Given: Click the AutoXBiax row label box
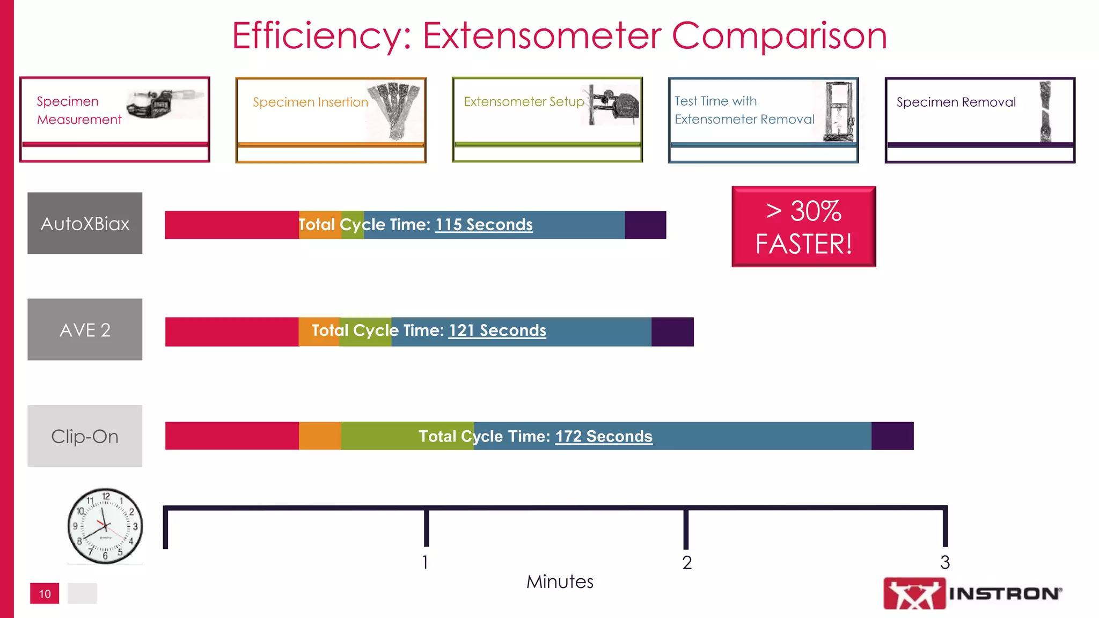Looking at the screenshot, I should [85, 223].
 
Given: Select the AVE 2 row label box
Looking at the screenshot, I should [85, 329].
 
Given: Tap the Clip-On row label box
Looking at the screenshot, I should [85, 436].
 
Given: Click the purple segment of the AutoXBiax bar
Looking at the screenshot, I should [645, 225].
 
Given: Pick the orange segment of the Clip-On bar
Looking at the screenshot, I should [320, 436].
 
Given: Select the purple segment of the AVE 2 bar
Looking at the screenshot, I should [672, 332].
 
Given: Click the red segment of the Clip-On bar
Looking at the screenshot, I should [232, 436].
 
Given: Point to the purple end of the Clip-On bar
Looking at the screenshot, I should [892, 436].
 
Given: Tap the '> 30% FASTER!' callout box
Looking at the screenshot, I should [803, 226].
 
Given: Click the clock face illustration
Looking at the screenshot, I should [105, 526].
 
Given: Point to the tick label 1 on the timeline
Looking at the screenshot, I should [425, 562].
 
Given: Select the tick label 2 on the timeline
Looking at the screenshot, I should [687, 562].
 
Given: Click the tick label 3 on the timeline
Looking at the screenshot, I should [945, 562].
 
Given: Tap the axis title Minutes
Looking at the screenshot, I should [560, 582].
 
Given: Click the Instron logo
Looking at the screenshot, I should [972, 593].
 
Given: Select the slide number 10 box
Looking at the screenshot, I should [45, 593].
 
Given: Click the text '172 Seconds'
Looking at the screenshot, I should [604, 436].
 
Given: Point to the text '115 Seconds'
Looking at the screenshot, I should [483, 224].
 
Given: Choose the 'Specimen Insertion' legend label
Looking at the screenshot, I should [310, 102].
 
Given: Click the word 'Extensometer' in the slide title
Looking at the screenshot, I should [542, 36].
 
